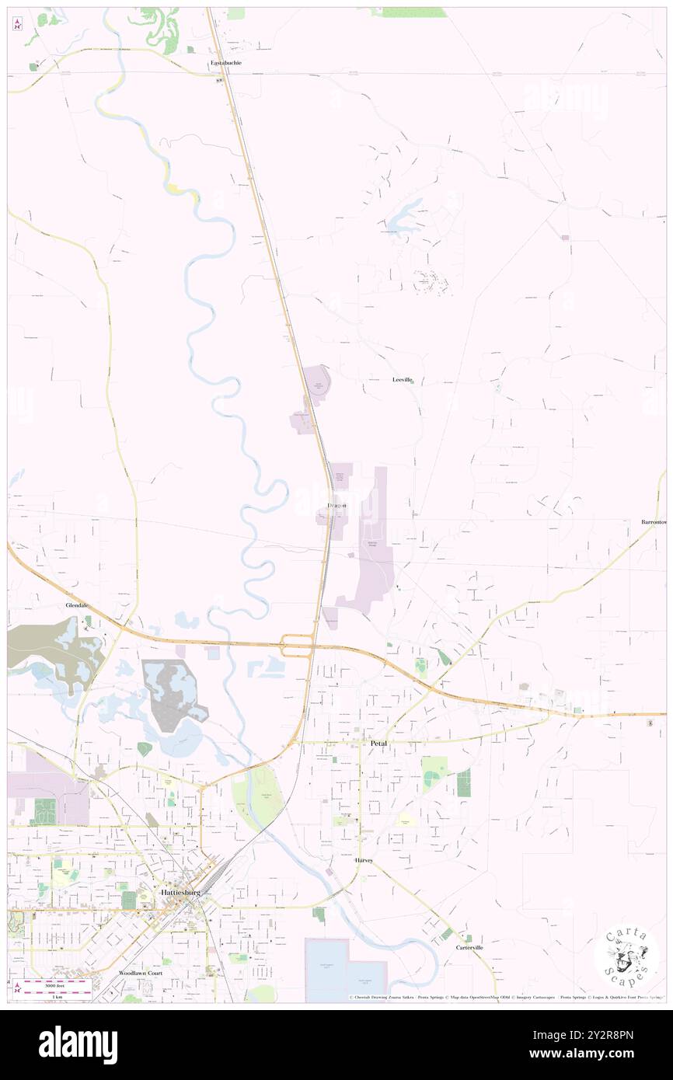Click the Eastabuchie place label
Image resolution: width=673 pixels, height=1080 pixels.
click(x=226, y=62)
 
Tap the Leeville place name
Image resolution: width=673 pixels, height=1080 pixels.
click(x=402, y=380)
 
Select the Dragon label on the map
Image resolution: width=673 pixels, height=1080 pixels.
click(x=336, y=506)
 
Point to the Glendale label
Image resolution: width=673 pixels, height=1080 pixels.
click(x=78, y=605)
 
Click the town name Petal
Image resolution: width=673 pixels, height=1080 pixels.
click(x=378, y=744)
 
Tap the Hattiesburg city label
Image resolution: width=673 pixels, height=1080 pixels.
click(x=180, y=893)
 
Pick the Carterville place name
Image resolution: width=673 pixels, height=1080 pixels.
click(x=469, y=948)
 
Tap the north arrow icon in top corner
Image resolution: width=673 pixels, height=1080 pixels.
click(x=18, y=24)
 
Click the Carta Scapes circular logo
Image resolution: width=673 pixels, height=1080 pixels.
click(x=626, y=955)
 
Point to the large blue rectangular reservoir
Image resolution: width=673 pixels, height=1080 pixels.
click(x=346, y=970)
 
